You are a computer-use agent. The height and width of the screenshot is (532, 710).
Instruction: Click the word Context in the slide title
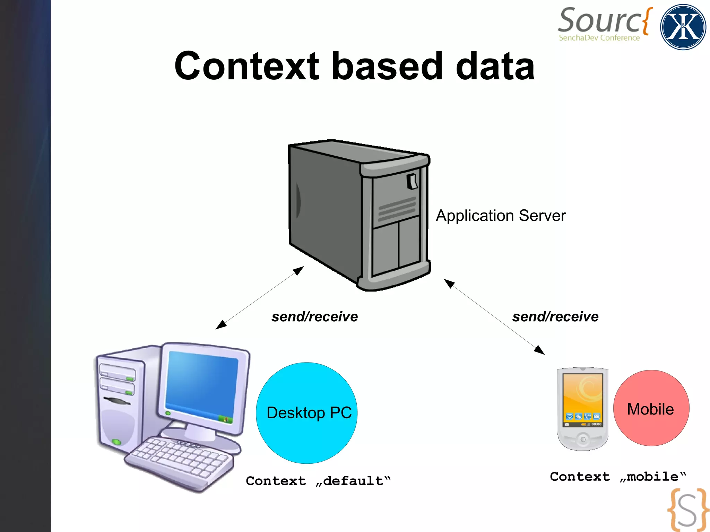246,66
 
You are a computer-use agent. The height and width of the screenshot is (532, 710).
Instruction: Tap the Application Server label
501,216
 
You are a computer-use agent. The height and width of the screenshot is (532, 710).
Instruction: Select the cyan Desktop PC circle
306,413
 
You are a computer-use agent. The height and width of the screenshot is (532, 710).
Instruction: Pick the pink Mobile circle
651,408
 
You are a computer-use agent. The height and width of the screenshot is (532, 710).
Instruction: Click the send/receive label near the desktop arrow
314,316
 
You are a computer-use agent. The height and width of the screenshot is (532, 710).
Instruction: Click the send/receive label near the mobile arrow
555,316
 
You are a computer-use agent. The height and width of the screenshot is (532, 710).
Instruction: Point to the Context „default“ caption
318,481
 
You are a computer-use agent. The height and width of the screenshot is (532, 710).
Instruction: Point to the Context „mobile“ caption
618,477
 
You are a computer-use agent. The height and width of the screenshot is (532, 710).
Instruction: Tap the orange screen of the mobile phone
582,395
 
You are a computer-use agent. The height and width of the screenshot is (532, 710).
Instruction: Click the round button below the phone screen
583,439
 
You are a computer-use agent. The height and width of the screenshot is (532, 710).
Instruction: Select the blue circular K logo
683,27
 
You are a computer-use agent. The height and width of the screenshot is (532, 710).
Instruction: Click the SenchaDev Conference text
599,38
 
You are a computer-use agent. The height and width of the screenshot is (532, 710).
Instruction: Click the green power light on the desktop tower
116,442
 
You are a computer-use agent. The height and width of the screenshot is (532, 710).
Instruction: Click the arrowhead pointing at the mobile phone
539,350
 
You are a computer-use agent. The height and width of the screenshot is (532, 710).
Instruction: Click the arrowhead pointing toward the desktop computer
220,325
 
